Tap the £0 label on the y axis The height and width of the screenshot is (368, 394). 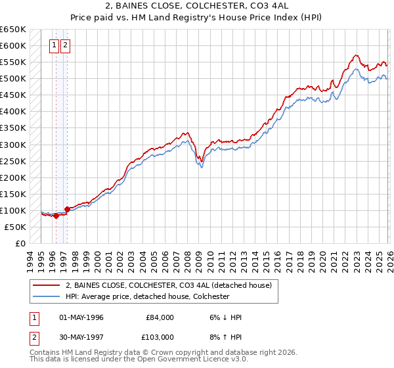20,243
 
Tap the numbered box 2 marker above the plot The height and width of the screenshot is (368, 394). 66,46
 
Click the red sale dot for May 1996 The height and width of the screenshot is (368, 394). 56,216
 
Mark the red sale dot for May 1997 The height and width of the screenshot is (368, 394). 67,209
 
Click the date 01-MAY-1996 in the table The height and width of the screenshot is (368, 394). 81,317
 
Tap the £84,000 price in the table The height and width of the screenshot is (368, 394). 160,317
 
